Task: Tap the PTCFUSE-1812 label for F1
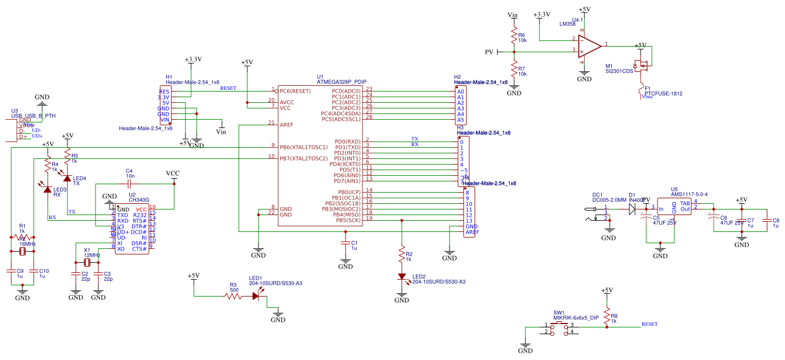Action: coord(663,94)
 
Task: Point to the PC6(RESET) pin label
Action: coord(296,91)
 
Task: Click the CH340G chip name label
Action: coord(139,199)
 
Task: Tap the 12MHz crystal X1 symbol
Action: coord(87,263)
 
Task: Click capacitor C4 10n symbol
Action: coord(129,183)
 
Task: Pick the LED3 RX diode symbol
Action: coord(48,189)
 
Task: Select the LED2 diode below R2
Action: coord(402,276)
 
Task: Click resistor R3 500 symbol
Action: coord(233,297)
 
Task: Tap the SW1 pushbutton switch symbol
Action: coord(559,329)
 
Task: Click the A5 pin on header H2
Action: coord(461,120)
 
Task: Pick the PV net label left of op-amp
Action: coord(489,52)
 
